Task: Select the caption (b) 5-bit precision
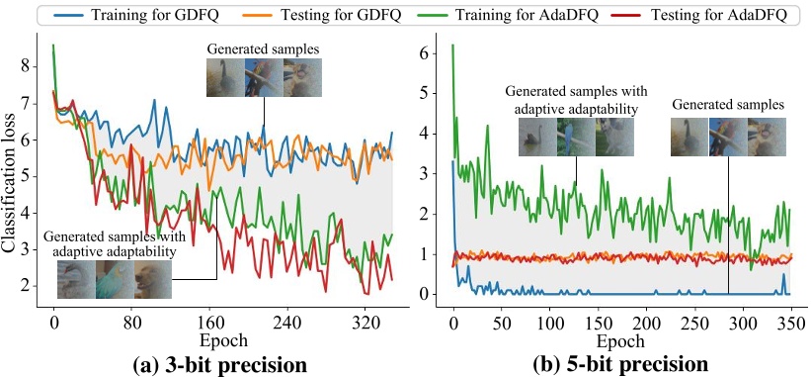620,363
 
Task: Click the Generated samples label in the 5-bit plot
727,102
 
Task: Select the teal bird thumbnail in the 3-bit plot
114,279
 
